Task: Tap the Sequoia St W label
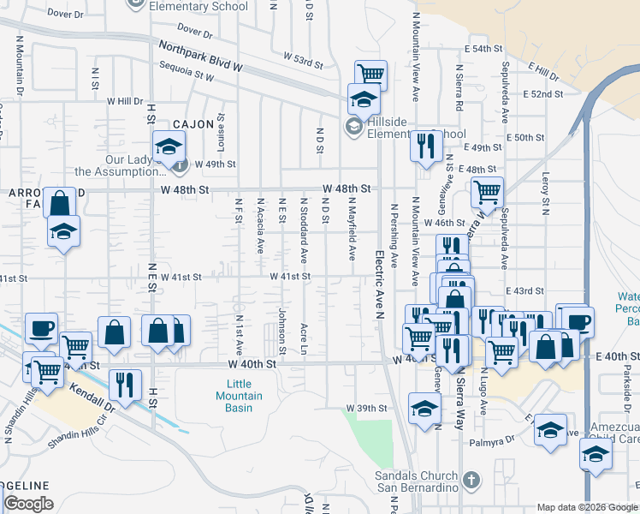coord(186,75)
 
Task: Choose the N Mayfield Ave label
coord(351,229)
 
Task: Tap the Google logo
coord(28,504)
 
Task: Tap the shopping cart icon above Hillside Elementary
coord(370,75)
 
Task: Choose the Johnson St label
coord(281,332)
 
